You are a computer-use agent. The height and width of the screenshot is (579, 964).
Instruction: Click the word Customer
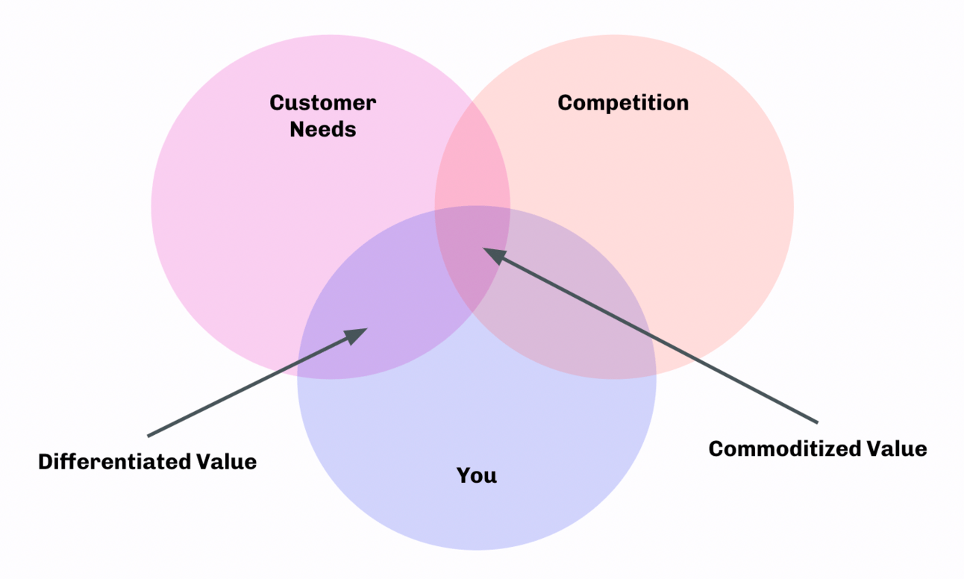coord(322,102)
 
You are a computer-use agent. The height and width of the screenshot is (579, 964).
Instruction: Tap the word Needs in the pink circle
coord(322,129)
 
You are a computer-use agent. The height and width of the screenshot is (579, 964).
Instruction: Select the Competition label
coord(623,102)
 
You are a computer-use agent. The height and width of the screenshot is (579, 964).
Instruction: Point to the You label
coord(476,475)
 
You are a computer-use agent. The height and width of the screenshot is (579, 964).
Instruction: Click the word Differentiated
coord(109,462)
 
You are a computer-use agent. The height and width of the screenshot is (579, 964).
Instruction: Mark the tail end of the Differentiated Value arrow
coord(148,435)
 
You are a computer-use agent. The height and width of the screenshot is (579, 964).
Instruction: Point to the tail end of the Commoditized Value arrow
coord(818,421)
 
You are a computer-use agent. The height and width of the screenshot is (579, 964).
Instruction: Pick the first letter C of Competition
coord(565,102)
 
